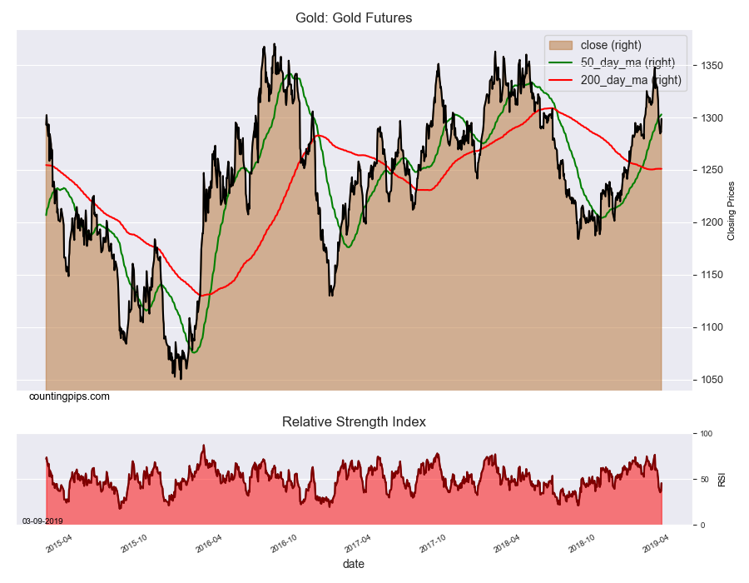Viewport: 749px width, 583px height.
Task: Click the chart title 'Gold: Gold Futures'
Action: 354,17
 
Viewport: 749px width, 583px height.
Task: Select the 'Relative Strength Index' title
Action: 354,421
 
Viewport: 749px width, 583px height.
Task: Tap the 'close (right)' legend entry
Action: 610,45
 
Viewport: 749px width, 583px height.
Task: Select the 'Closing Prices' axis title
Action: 732,211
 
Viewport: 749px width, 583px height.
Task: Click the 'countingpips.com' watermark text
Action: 69,396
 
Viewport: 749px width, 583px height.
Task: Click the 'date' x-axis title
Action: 354,564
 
